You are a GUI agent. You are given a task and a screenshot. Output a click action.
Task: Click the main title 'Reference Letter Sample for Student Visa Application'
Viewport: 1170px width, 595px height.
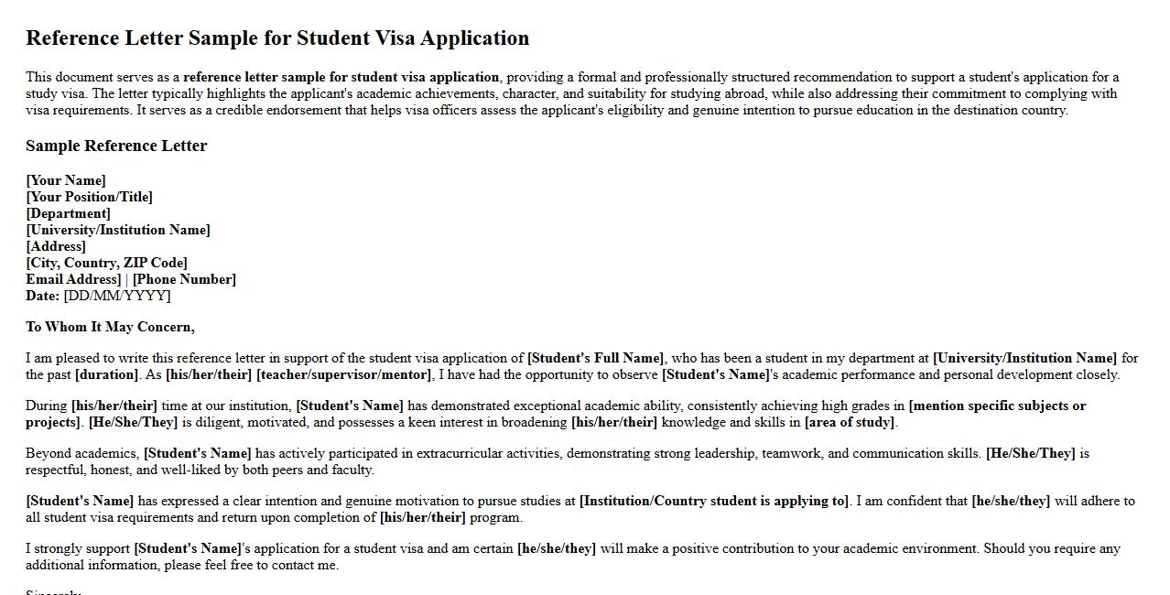coord(277,38)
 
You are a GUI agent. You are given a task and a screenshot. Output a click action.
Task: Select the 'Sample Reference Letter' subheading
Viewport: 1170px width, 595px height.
coord(116,146)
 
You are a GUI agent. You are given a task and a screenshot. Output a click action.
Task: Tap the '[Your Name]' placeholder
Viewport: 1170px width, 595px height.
coord(66,180)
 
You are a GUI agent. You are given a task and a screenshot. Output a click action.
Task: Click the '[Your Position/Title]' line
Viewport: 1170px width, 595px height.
coord(89,197)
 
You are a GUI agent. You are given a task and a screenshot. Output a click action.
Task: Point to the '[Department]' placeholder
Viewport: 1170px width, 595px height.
coord(68,213)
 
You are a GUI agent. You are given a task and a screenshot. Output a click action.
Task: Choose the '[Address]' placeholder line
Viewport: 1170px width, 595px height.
coord(56,246)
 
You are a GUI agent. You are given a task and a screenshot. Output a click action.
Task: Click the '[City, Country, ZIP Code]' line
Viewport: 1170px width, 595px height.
coord(106,263)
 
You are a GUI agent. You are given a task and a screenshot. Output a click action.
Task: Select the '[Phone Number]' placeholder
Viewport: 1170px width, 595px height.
coord(184,279)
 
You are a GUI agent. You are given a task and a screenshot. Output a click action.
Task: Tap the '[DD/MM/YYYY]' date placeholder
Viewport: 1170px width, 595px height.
coord(117,296)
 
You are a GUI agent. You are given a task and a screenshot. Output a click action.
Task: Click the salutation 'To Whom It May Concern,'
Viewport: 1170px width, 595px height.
coord(110,327)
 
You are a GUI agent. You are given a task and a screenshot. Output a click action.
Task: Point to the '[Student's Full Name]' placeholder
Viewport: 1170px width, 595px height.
coord(596,358)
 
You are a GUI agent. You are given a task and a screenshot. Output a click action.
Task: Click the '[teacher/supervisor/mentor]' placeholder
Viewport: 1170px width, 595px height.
coord(343,374)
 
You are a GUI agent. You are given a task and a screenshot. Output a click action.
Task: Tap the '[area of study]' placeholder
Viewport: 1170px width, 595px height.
coord(850,422)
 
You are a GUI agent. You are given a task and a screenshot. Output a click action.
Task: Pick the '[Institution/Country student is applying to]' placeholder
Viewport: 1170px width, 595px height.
coord(714,501)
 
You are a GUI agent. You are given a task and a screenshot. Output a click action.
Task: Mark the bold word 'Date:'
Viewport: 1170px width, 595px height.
coord(43,296)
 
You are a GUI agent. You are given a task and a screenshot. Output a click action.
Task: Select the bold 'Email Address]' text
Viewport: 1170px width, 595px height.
coord(73,279)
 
